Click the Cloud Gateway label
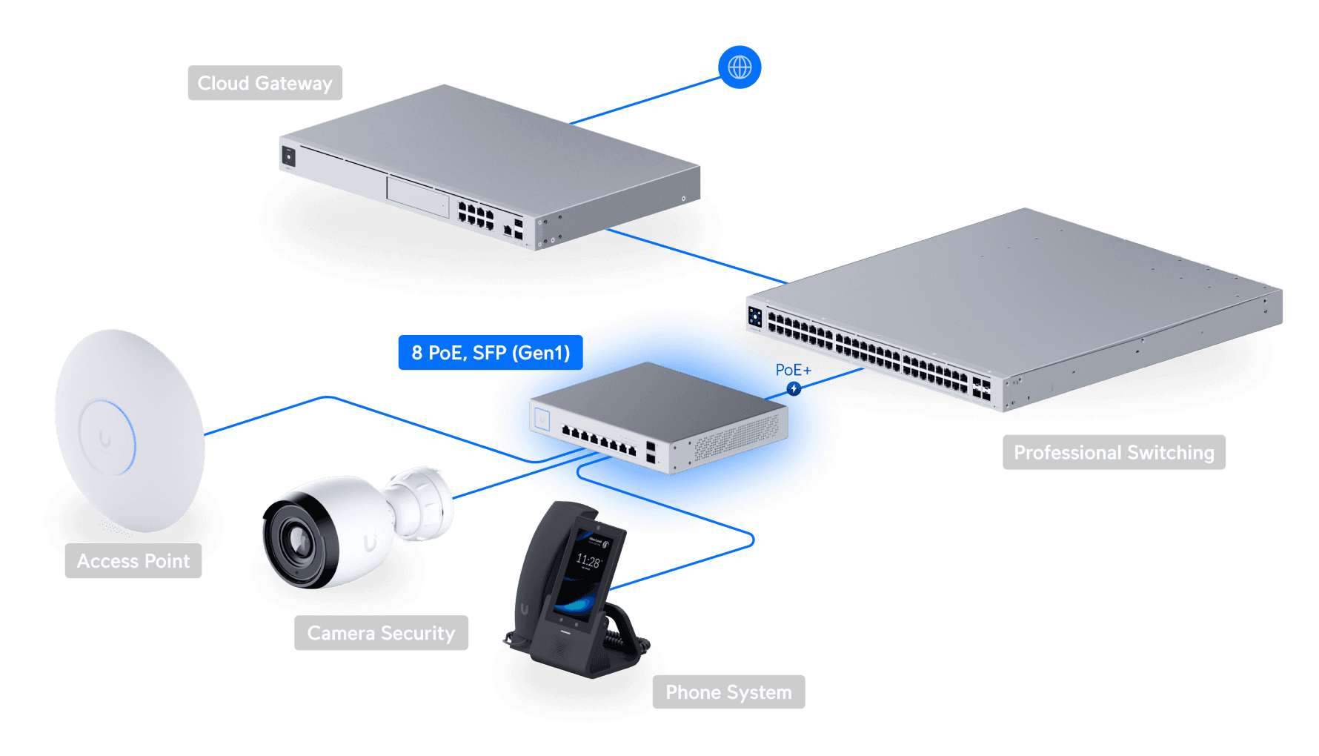pyautogui.click(x=265, y=83)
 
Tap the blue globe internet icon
pyautogui.click(x=740, y=67)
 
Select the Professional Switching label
pyautogui.click(x=1114, y=452)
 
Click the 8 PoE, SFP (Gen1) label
pyautogui.click(x=491, y=353)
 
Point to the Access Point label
pyautogui.click(x=133, y=561)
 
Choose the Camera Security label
pyautogui.click(x=381, y=633)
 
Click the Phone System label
pyautogui.click(x=728, y=692)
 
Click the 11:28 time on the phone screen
pyautogui.click(x=588, y=562)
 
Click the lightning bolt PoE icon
pyautogui.click(x=794, y=388)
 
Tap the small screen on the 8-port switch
pyautogui.click(x=542, y=420)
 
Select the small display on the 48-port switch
pyautogui.click(x=755, y=317)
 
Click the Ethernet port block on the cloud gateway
pyautogui.click(x=476, y=215)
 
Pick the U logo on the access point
pyautogui.click(x=105, y=440)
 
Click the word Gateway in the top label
pyautogui.click(x=293, y=83)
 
